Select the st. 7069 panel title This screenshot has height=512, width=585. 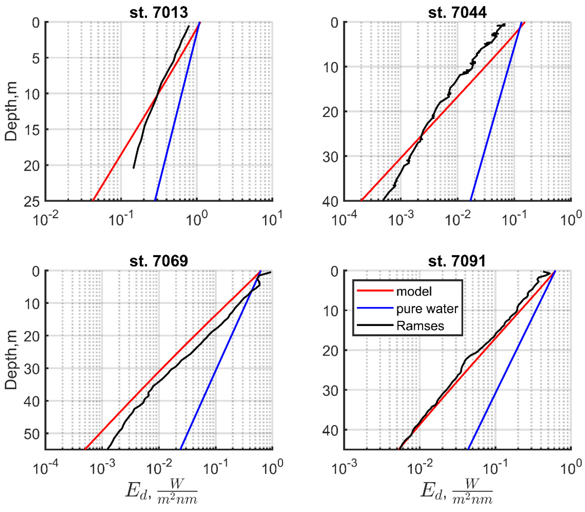[159, 261]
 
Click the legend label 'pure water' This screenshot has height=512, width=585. [427, 309]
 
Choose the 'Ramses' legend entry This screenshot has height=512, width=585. [420, 326]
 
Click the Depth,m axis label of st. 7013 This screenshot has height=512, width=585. [11, 111]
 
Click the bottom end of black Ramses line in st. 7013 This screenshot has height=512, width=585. [133, 168]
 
